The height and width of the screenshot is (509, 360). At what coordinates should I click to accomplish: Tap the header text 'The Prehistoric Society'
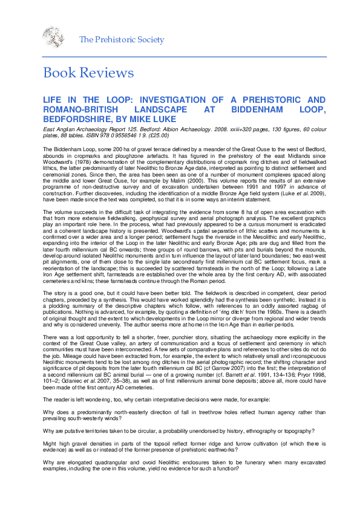(x=122, y=40)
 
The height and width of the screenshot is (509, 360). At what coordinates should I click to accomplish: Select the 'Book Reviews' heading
(x=88, y=73)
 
